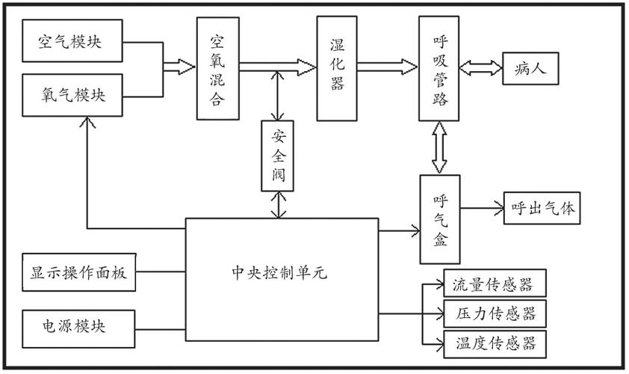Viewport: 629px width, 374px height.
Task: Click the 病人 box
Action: pos(531,69)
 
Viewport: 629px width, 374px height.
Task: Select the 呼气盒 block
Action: pos(439,219)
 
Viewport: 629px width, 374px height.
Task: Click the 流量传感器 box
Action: pos(494,284)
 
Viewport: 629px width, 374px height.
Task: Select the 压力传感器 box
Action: pos(494,313)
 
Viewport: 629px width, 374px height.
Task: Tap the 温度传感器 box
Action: pos(494,343)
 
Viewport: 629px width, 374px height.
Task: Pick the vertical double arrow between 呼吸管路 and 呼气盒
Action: pos(439,147)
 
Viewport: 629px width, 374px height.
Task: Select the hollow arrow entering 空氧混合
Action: pos(179,67)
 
